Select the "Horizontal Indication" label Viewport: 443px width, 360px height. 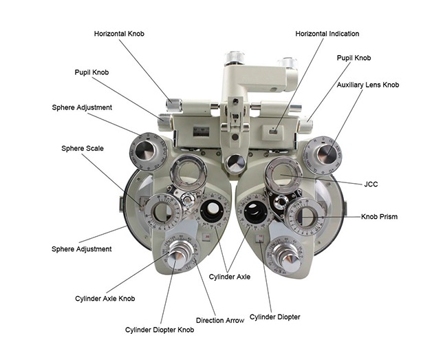point(327,33)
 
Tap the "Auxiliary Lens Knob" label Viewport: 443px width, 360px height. point(367,85)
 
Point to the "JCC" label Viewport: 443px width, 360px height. point(370,184)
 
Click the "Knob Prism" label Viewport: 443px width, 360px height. point(379,217)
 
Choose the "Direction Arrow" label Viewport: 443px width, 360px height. point(219,321)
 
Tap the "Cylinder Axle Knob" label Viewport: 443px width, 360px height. point(105,298)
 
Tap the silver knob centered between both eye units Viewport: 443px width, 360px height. point(235,163)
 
